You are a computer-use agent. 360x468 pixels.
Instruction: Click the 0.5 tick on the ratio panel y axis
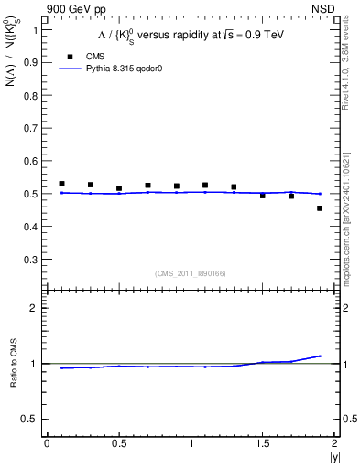[32, 419]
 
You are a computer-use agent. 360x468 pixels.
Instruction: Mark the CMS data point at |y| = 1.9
[320, 208]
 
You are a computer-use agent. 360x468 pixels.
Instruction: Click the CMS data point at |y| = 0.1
[61, 184]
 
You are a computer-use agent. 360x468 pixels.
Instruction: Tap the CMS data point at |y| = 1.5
[262, 196]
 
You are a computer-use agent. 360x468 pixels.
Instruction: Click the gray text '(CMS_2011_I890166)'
[190, 272]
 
